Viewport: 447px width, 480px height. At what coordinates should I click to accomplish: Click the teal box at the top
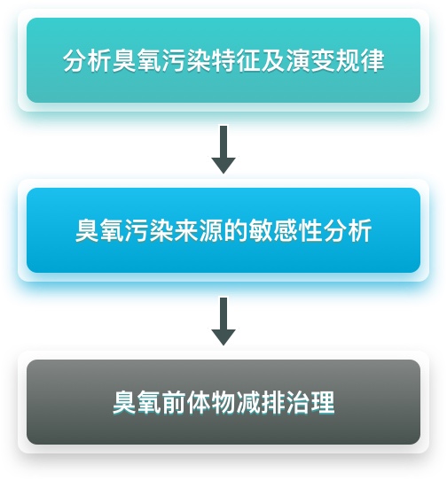(223, 60)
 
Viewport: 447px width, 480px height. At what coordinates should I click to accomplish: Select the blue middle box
(223, 230)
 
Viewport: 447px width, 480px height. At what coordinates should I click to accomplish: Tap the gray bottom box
(223, 402)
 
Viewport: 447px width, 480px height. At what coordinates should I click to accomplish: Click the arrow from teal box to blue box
(223, 150)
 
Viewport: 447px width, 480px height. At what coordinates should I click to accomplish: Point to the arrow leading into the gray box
(223, 321)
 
